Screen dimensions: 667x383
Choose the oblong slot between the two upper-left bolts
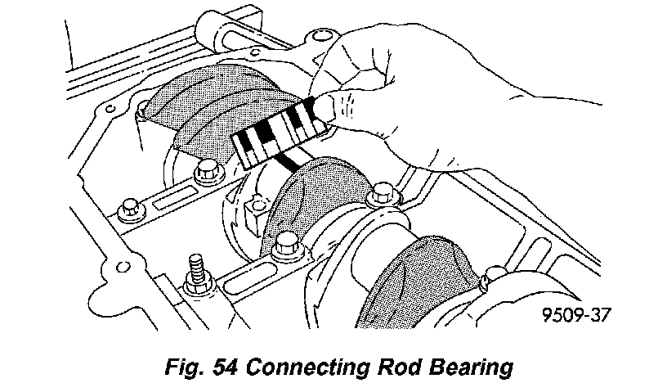pos(171,201)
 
